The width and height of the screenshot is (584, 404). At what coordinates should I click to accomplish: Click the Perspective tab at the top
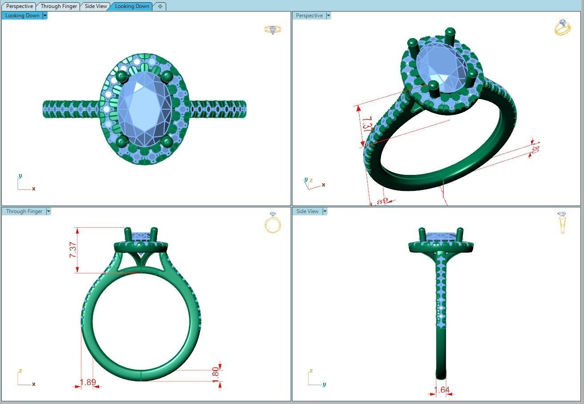click(x=19, y=6)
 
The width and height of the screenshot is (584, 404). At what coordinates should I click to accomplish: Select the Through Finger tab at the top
click(x=59, y=6)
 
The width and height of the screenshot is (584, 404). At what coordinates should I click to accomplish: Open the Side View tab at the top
click(x=96, y=6)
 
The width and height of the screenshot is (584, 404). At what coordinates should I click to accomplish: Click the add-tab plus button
click(x=160, y=6)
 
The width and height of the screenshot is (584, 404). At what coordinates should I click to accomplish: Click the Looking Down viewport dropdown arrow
click(x=45, y=16)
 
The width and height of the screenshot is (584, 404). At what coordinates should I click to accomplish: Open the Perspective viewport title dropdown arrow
click(x=328, y=16)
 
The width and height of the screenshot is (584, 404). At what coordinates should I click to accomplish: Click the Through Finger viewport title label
click(x=24, y=211)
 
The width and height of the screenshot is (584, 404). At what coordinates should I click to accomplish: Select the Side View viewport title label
click(x=307, y=211)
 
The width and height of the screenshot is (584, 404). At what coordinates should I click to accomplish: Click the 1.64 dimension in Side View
click(x=441, y=390)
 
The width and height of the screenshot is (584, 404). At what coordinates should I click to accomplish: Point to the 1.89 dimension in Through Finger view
click(x=88, y=382)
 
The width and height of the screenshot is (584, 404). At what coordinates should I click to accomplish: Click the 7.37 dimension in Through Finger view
click(x=73, y=250)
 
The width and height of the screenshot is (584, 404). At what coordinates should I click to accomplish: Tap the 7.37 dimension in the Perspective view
click(x=367, y=125)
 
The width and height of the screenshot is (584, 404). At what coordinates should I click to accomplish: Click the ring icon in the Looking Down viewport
click(x=273, y=30)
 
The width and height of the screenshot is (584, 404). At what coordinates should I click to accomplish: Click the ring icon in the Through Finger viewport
click(x=273, y=223)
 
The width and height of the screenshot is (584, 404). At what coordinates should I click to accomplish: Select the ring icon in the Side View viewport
click(x=562, y=223)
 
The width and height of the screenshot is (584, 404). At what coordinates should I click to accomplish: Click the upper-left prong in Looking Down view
click(x=121, y=77)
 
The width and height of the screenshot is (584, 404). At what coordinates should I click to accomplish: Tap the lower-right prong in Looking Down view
click(x=167, y=142)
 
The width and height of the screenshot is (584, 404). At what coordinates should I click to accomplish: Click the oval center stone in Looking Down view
click(x=144, y=109)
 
